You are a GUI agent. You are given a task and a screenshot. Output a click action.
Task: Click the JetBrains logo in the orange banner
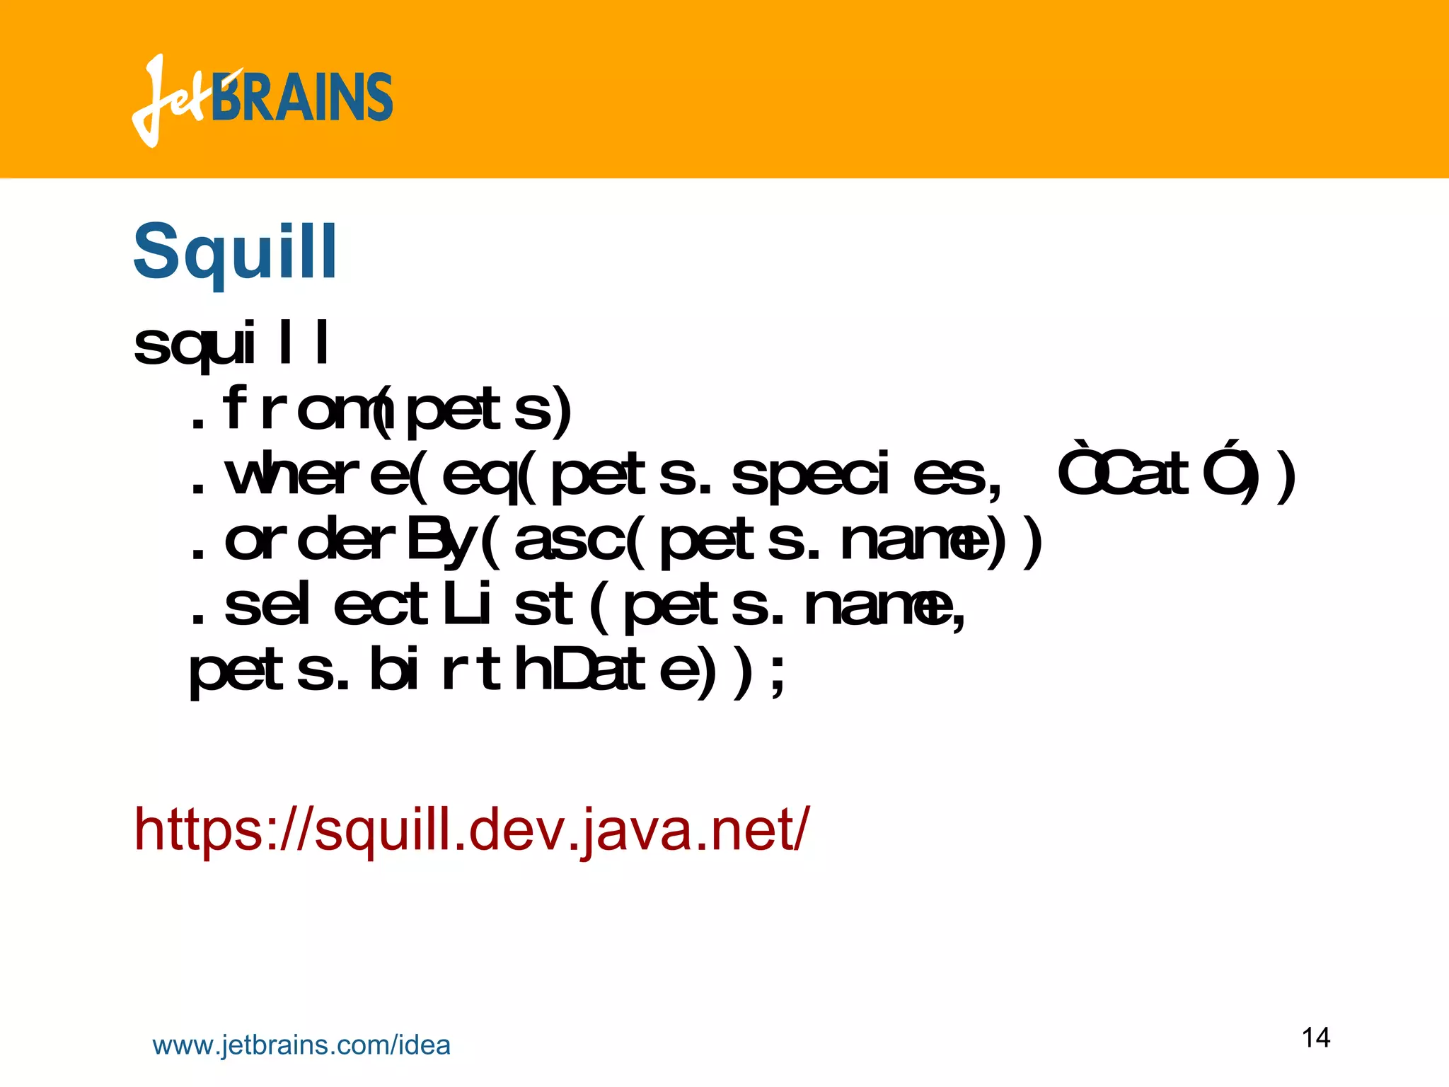pos(262,99)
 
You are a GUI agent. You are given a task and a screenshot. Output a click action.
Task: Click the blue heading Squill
pos(236,251)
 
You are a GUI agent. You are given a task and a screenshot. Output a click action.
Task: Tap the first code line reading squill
pos(231,345)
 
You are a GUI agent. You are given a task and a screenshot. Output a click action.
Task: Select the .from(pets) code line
pos(381,409)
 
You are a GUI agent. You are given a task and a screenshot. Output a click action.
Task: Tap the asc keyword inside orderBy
pos(570,541)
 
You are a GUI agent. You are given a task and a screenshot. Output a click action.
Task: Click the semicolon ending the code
pos(778,676)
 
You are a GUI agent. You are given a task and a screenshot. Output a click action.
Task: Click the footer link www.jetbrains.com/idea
pos(301,1045)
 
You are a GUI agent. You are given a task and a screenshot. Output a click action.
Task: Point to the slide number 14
pos(1316,1037)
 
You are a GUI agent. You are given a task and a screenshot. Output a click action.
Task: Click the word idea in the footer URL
pos(425,1045)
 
